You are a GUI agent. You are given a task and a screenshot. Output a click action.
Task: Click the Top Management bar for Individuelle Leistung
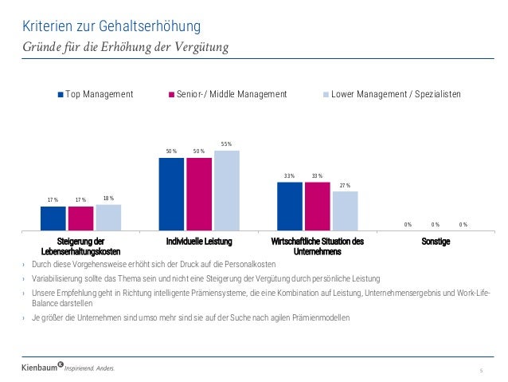click(171, 193)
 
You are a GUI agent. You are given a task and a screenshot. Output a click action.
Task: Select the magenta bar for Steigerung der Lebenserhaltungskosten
click(80, 218)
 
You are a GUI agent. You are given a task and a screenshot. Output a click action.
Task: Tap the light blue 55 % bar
click(227, 190)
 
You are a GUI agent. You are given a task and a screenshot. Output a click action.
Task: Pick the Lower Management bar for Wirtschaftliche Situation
click(345, 210)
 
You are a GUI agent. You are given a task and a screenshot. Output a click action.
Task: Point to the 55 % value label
click(227, 144)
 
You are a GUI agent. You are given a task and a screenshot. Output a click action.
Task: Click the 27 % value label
click(345, 186)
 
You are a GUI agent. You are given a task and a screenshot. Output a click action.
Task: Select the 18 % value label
click(108, 199)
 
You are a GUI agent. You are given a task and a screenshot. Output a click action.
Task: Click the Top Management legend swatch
click(60, 95)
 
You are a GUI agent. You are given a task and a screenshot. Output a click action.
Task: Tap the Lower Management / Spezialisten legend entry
click(395, 95)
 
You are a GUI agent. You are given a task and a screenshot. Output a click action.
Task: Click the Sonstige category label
click(437, 241)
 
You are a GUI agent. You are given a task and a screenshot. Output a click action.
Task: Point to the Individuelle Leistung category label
click(199, 241)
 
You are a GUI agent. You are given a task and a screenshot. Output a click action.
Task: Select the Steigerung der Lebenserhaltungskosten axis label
click(81, 246)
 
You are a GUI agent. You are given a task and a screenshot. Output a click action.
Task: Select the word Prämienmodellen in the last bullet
click(315, 318)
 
